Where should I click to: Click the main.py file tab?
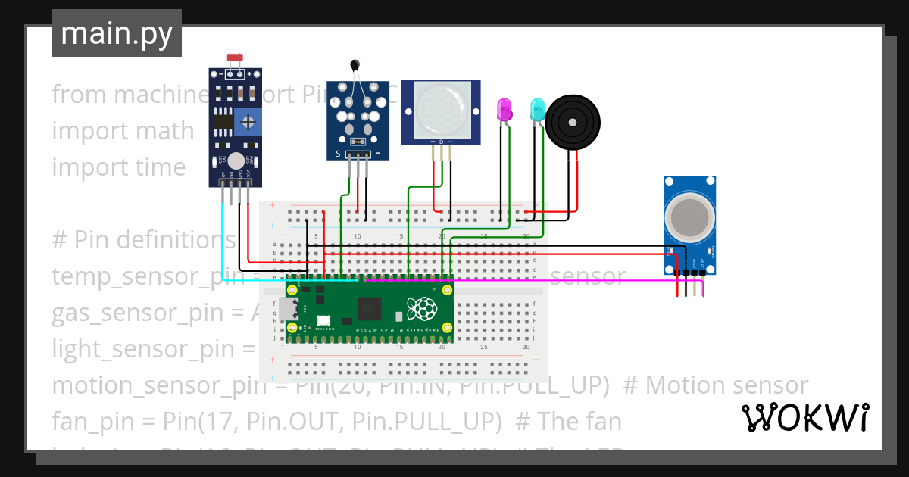click(116, 33)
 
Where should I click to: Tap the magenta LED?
click(504, 111)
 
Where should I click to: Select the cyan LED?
click(537, 110)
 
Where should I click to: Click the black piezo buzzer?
click(573, 121)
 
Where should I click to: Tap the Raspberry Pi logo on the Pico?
click(422, 309)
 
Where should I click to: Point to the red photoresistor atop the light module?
click(235, 58)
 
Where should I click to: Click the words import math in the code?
click(123, 131)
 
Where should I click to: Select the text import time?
click(118, 167)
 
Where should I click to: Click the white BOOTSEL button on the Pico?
click(323, 320)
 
